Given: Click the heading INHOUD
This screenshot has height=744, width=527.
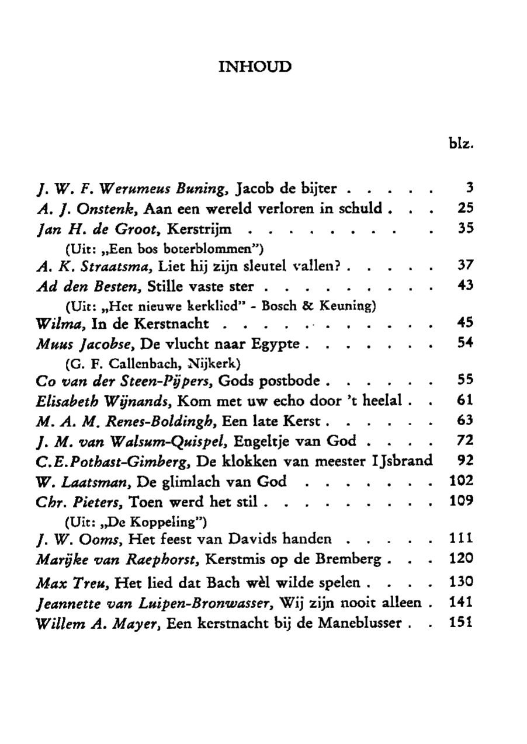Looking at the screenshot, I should tap(254, 67).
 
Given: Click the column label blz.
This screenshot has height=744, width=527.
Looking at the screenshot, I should tap(460, 142).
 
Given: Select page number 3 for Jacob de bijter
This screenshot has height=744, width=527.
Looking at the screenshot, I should tap(469, 189).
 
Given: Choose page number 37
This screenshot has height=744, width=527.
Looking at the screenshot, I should tap(464, 267).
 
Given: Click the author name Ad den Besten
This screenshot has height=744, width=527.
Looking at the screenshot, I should tap(89, 287).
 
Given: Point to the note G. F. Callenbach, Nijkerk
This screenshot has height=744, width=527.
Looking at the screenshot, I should tap(153, 363).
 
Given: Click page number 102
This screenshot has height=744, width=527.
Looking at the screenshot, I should tap(461, 481).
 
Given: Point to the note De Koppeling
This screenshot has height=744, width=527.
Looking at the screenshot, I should tap(137, 520).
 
